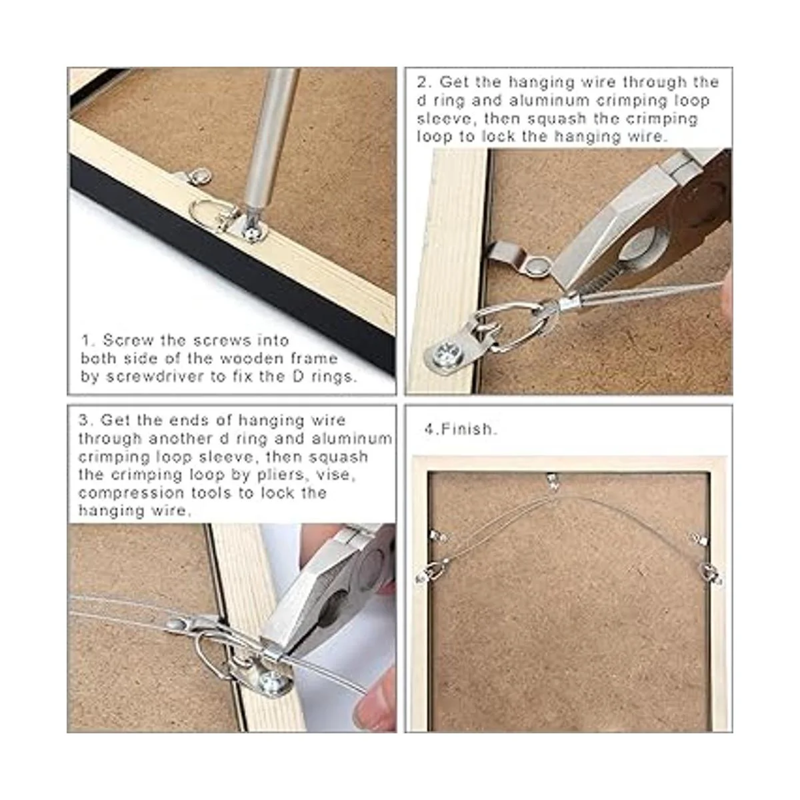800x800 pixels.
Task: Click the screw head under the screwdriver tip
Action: coord(251,234)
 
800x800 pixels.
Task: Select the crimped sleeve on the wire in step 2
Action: coord(569,304)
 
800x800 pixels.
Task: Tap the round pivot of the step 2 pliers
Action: coord(641,243)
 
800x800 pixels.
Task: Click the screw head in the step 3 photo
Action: coord(270,683)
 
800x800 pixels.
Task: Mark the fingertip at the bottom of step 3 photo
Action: coord(371,704)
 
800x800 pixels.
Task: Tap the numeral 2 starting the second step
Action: coord(421,82)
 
